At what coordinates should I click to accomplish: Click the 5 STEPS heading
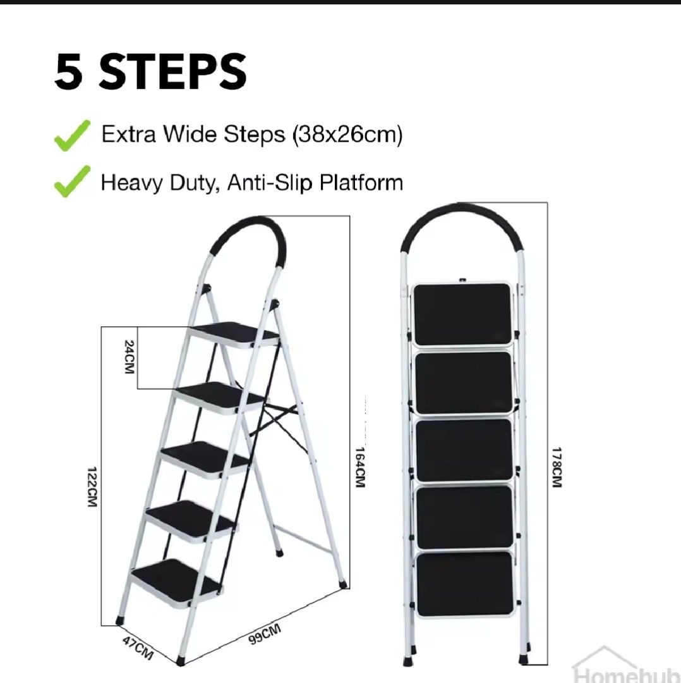point(150,72)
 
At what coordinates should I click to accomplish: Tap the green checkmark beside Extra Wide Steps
point(72,136)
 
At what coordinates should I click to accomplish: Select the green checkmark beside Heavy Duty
point(72,182)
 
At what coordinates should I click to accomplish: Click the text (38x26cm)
point(347,135)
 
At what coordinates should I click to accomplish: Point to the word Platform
point(361,183)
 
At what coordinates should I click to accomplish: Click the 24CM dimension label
point(129,357)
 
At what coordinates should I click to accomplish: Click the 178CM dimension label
point(556,467)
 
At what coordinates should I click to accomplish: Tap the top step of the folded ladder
point(462,314)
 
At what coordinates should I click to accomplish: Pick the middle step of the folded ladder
point(464,450)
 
